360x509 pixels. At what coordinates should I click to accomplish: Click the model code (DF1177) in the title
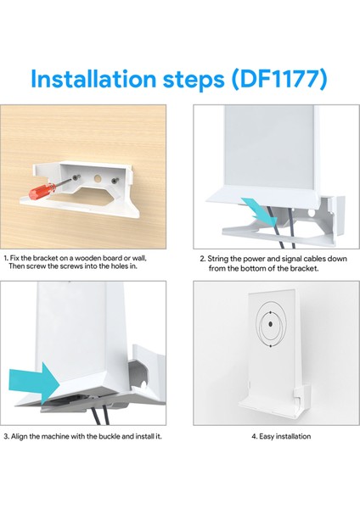[x=279, y=79]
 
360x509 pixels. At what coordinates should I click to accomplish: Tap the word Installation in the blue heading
[x=93, y=79]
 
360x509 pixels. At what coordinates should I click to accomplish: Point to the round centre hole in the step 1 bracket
[x=98, y=178]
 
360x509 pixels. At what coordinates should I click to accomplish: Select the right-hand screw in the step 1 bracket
[x=114, y=181]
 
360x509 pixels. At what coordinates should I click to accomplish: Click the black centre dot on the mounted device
[x=271, y=324]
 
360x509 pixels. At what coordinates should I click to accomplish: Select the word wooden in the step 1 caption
[x=88, y=258]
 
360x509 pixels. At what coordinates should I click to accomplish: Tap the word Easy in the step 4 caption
[x=267, y=436]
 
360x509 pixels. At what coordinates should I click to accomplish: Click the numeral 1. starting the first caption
[x=6, y=259]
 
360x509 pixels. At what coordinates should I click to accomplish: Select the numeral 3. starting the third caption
[x=7, y=436]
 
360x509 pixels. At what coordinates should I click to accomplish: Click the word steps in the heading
[x=194, y=80]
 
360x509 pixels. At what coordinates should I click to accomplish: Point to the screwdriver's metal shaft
[x=63, y=182]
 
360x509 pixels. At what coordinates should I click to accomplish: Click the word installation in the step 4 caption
[x=294, y=436]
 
